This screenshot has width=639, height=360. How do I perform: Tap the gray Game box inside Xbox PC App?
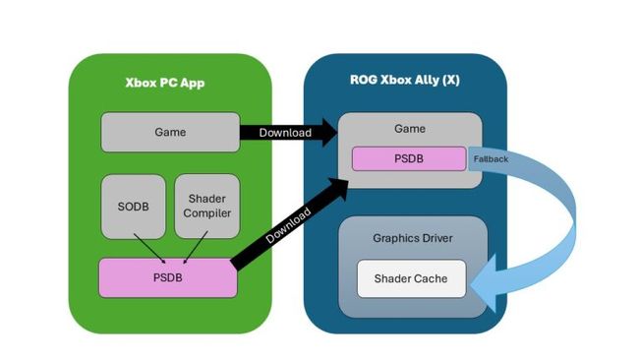pos(170,132)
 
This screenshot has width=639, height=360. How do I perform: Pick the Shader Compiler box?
pos(207,206)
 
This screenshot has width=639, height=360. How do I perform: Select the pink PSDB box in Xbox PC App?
pos(168,278)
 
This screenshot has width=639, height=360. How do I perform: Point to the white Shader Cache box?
pos(410,278)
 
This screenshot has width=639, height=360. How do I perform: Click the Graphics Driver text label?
pos(413,237)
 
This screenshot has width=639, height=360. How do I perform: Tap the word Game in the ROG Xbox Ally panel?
pos(410,128)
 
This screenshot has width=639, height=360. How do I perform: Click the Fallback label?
pos(491,157)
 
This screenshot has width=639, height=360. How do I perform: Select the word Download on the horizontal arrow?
pos(284,132)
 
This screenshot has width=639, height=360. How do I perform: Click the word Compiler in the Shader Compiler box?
pos(207,213)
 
